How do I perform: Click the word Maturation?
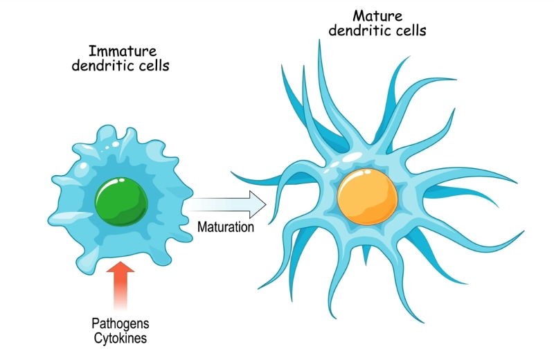(x=226, y=226)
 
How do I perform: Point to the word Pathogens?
(x=120, y=323)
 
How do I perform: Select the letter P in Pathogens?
(x=95, y=323)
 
